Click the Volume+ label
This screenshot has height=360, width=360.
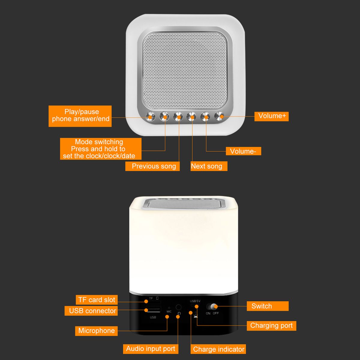[271, 116]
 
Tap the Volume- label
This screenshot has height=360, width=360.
[243, 151]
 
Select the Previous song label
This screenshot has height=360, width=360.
[152, 166]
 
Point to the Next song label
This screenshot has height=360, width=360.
[209, 166]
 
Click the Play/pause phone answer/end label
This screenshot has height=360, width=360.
[80, 116]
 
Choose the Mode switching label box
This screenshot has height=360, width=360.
[101, 149]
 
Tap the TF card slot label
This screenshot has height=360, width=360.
[97, 300]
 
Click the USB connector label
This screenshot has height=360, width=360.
[91, 311]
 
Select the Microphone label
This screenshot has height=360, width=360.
[96, 331]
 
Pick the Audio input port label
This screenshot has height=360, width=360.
[151, 349]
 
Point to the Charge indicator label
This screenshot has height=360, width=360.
[218, 349]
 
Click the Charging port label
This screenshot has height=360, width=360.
[271, 326]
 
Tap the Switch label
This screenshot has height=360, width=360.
[268, 306]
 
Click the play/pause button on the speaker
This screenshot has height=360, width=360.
[150, 116]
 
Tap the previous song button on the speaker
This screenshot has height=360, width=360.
[178, 116]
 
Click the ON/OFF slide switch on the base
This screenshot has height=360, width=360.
[212, 307]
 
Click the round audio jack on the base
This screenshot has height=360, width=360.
[178, 307]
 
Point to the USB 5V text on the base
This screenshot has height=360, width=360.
[195, 301]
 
